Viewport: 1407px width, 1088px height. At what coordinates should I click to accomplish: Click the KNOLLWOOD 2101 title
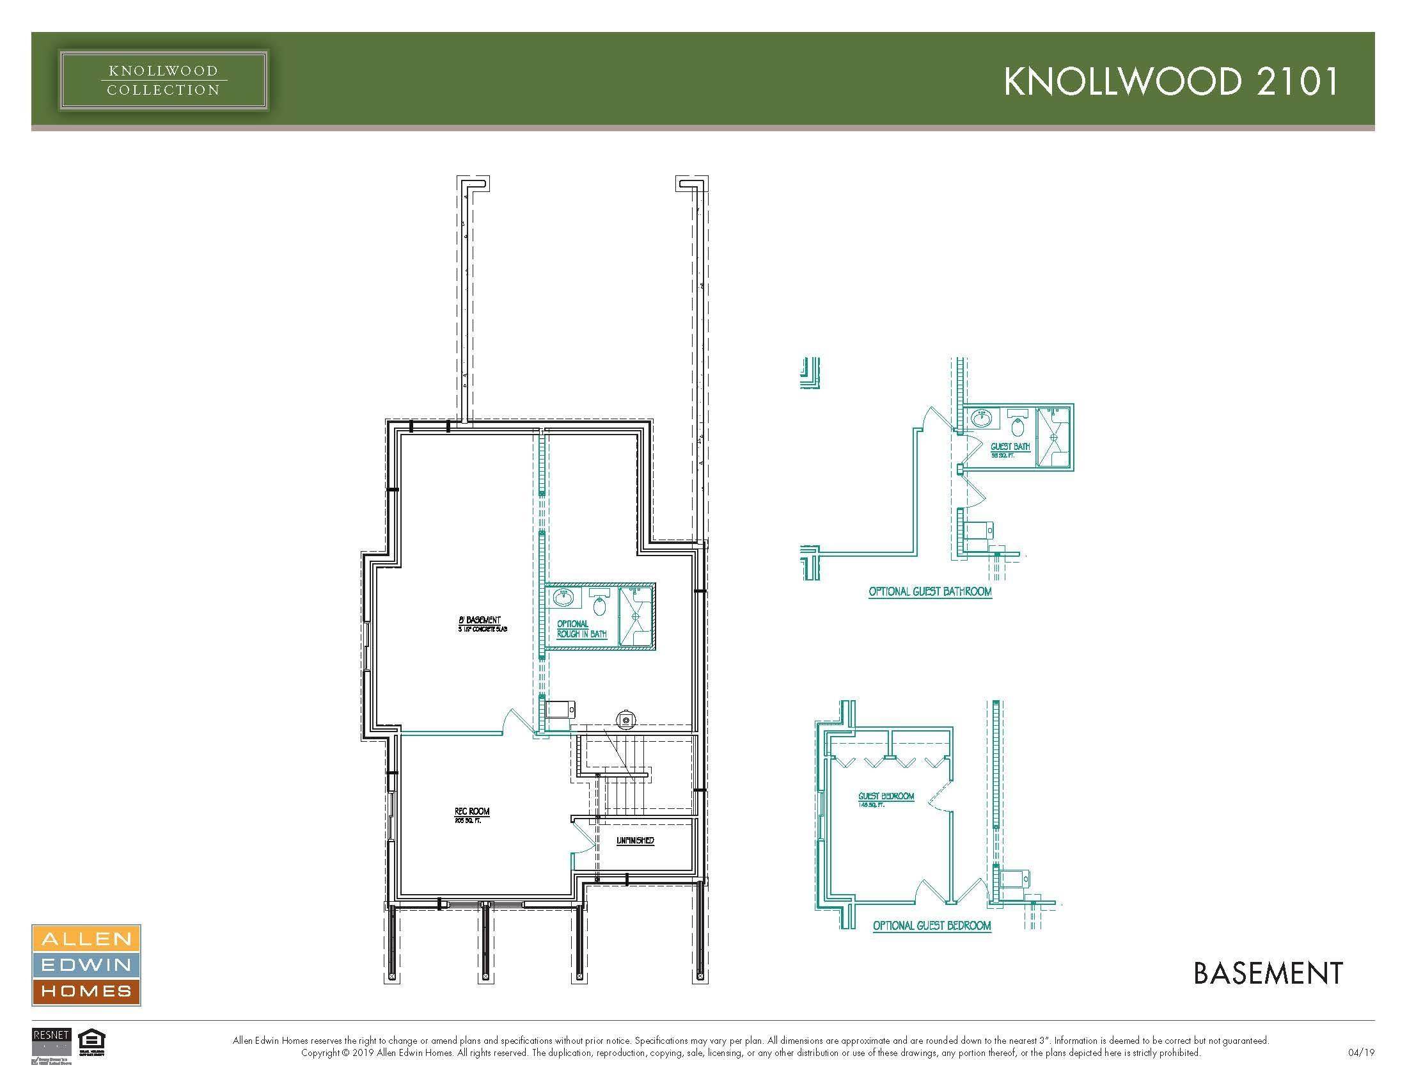[x=1170, y=82]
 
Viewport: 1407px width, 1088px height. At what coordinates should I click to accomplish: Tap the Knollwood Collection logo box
[x=163, y=81]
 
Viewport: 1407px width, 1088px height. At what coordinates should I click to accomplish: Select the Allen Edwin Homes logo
[x=86, y=964]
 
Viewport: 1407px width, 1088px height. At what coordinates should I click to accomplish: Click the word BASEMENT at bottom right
[x=1268, y=973]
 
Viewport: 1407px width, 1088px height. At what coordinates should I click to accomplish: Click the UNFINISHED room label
[x=635, y=840]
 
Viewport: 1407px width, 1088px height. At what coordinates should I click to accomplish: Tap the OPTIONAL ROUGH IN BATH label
[x=582, y=629]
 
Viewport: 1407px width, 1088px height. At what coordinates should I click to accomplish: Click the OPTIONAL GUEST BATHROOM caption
[x=930, y=591]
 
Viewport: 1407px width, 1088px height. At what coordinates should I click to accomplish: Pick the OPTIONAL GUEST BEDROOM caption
[x=932, y=925]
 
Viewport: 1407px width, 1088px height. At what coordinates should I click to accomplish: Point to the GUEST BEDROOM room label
[x=886, y=797]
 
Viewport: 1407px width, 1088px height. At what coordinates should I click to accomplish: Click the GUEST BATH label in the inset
[x=1009, y=447]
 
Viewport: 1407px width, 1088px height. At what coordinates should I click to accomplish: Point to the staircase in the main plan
[x=622, y=780]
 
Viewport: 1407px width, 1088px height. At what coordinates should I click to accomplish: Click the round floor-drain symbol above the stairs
[x=625, y=718]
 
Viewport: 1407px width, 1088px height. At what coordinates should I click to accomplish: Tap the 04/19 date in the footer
[x=1360, y=1053]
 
